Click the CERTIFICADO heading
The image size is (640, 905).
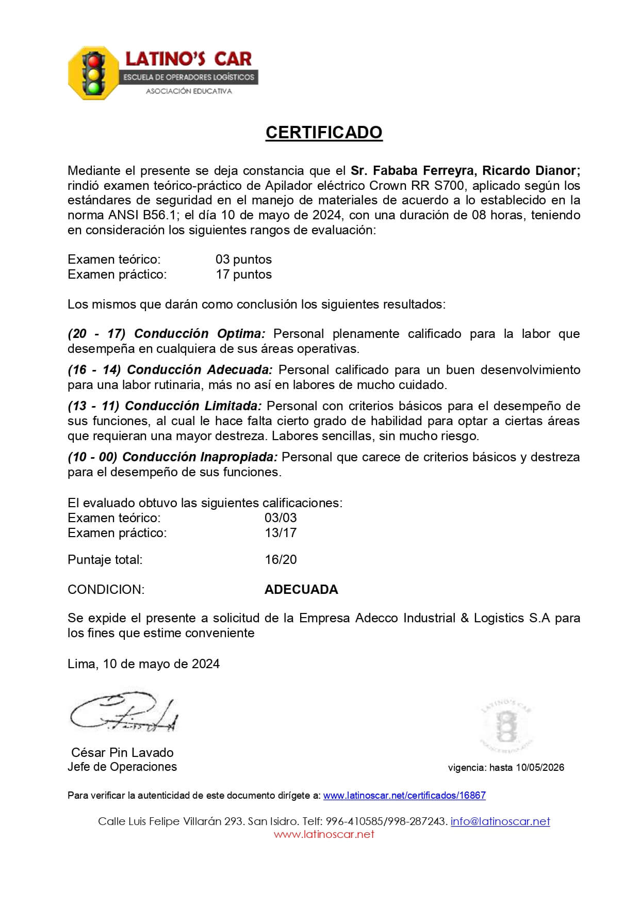[324, 133]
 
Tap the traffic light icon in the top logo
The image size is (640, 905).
[93, 73]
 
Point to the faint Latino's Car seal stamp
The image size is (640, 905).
[507, 725]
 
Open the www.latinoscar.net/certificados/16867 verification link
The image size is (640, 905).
[404, 795]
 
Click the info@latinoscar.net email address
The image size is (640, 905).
[500, 821]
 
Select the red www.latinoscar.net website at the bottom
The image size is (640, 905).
[324, 834]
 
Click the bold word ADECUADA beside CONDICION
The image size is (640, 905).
[301, 589]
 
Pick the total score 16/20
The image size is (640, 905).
[281, 559]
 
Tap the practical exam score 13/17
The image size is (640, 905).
[281, 532]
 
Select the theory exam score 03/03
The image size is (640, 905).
[281, 518]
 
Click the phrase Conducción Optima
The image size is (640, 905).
[200, 333]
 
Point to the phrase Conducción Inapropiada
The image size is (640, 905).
[200, 457]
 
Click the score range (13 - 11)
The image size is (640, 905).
[93, 406]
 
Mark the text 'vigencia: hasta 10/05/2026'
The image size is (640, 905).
[506, 767]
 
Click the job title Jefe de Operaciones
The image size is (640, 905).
[122, 767]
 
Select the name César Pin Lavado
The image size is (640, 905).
[122, 752]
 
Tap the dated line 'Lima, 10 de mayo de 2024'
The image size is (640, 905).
[143, 664]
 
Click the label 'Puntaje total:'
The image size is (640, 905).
[105, 559]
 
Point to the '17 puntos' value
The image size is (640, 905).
[243, 274]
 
